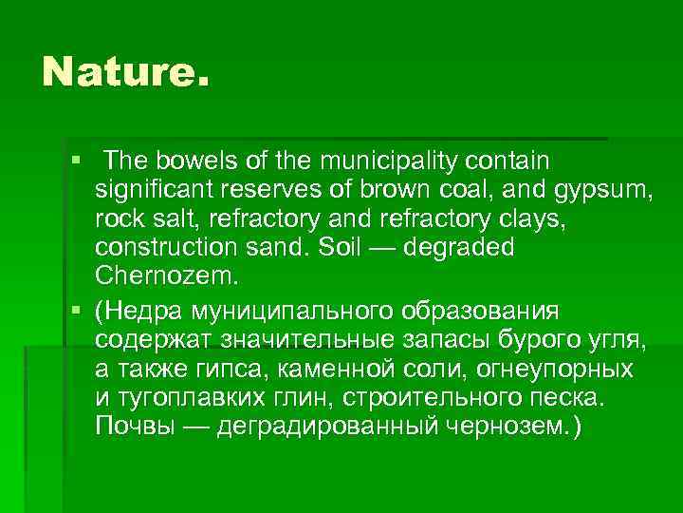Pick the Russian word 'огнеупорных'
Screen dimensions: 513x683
pyautogui.click(x=550, y=369)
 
